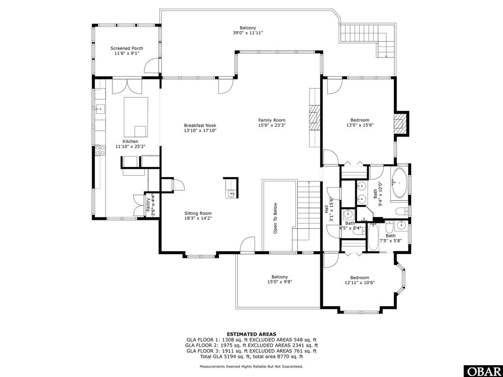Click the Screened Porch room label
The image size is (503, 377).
[x=127, y=48]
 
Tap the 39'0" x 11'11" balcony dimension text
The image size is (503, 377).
[x=248, y=33]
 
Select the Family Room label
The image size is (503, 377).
[x=272, y=120]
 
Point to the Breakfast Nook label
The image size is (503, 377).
[x=200, y=126]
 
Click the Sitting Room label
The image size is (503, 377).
[x=198, y=214]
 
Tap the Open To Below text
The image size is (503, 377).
[x=276, y=218]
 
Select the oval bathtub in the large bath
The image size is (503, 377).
[x=398, y=184]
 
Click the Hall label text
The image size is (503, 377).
[x=326, y=209]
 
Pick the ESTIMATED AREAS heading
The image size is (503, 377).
[x=251, y=334]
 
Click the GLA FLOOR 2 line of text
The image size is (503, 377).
[x=251, y=345]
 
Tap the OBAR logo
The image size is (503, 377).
[x=482, y=371]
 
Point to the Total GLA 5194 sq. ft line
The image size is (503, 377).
[x=251, y=357]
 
